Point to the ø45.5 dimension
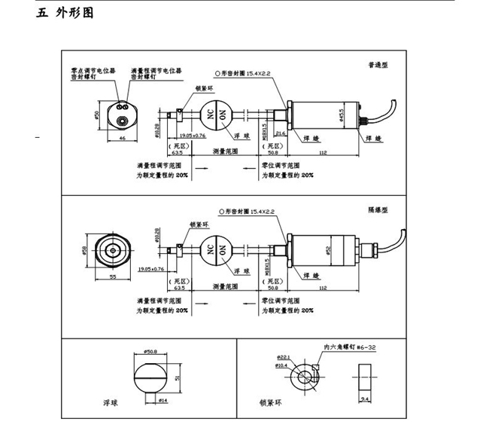point(342,117)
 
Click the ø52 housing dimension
point(330,250)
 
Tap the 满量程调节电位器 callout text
point(156,70)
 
